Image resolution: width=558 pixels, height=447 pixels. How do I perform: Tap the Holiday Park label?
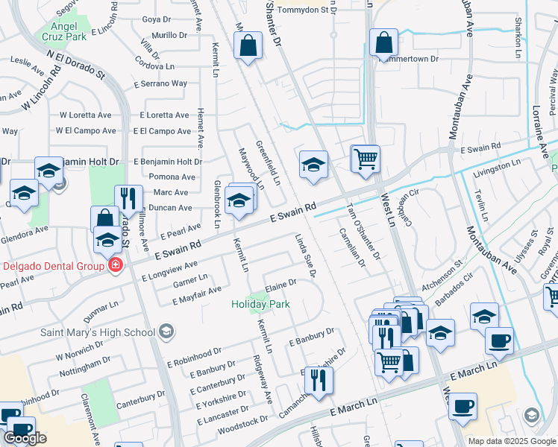pyautogui.click(x=260, y=304)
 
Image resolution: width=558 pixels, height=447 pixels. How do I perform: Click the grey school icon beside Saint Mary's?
pyautogui.click(x=166, y=330)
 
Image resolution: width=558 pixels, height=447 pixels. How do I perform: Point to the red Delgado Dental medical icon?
pyautogui.click(x=115, y=265)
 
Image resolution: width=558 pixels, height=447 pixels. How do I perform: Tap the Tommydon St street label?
pyautogui.click(x=302, y=10)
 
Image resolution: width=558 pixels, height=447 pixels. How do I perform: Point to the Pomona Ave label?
pyautogui.click(x=172, y=177)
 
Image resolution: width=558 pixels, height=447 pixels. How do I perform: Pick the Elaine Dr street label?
pyautogui.click(x=281, y=284)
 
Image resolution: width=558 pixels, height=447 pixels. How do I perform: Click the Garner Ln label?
pyautogui.click(x=190, y=279)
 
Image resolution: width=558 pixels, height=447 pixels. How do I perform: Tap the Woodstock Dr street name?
pyautogui.click(x=242, y=422)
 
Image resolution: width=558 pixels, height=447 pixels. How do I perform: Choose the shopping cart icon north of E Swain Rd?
pyautogui.click(x=365, y=158)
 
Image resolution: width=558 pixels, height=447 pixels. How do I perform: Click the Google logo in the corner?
pyautogui.click(x=25, y=438)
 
